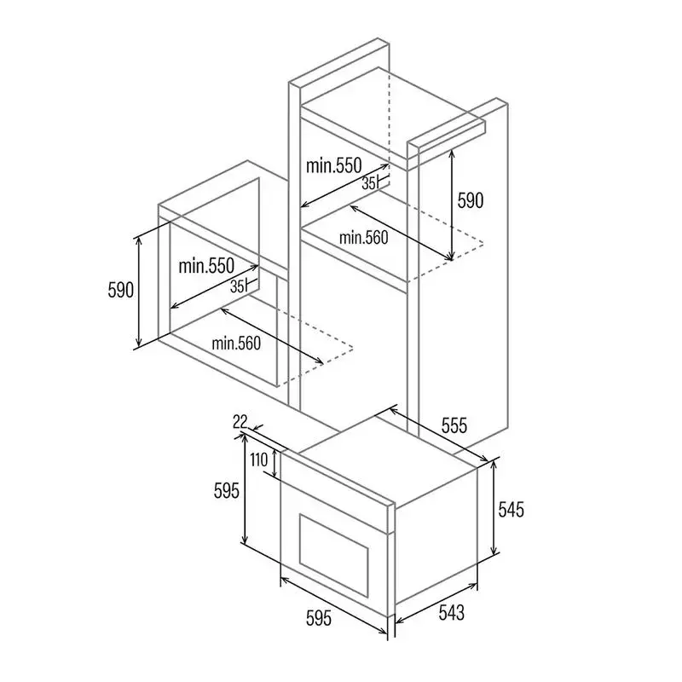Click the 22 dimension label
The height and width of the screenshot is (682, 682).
point(240,421)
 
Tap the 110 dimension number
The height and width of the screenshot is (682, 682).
point(259,459)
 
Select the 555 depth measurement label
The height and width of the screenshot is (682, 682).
point(454,425)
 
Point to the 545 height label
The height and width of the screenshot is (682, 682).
point(511,509)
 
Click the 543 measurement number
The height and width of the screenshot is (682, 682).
point(452,612)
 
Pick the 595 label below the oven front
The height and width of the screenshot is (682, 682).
point(319,618)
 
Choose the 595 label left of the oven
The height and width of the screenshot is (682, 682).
point(227,491)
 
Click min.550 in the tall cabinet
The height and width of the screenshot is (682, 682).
point(333,165)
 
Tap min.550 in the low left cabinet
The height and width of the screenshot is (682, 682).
point(206,266)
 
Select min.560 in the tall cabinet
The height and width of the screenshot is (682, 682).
point(363,238)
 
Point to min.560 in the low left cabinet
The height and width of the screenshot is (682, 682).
point(236,344)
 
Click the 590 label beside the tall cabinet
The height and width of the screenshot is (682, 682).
point(471,200)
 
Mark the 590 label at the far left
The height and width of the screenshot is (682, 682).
point(120,290)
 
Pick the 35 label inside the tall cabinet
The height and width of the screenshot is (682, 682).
point(368,184)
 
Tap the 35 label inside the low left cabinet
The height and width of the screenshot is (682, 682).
point(237,286)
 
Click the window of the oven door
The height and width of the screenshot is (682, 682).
point(334,556)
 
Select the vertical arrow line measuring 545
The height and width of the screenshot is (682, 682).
point(494,508)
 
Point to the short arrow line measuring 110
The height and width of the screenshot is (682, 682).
point(275,463)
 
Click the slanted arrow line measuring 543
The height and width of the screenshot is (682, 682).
point(436,604)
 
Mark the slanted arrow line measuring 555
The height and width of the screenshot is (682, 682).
point(438,434)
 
